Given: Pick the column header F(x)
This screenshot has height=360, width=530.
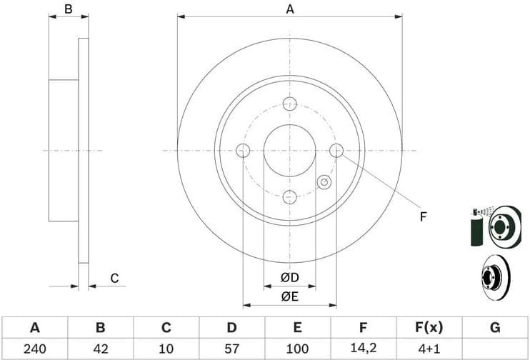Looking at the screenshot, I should point(429,328).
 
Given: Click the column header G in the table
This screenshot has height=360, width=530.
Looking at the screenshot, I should point(494,328).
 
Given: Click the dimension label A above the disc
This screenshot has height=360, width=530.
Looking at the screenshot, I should point(289,9).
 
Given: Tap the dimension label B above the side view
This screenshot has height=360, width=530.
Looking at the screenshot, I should point(69,9).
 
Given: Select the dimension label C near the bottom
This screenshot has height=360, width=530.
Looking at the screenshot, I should point(113,279).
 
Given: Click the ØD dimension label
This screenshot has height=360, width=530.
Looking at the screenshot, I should point(289,277).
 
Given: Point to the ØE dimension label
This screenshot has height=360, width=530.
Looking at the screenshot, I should point(289,297).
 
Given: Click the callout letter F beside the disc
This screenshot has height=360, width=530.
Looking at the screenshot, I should point(423,216).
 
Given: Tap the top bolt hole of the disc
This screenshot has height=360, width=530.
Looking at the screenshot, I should point(289,103).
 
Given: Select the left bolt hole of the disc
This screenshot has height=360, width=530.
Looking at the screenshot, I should point(243,150).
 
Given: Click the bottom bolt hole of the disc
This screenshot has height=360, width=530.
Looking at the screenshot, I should point(289,196).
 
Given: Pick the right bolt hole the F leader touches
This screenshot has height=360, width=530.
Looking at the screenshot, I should point(336,150).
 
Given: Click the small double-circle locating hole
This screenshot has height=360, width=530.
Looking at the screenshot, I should point(324,182).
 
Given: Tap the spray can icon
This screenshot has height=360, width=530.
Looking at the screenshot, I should point(476,227).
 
